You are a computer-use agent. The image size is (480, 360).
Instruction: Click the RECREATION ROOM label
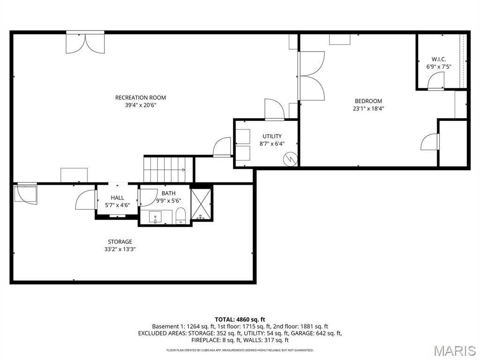click(x=141, y=97)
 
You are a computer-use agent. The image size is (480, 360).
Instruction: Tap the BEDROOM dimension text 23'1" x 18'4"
click(x=368, y=109)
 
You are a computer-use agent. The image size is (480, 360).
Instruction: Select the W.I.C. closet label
click(x=439, y=59)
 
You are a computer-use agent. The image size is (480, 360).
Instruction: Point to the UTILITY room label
click(x=272, y=136)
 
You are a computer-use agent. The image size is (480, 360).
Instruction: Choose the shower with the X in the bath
click(x=202, y=203)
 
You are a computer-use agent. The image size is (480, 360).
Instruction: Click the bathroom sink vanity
click(x=156, y=217)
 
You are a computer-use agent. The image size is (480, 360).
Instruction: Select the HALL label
click(x=117, y=198)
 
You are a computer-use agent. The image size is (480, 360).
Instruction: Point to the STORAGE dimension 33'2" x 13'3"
click(x=120, y=249)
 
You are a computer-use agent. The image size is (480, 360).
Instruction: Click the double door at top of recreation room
click(x=85, y=43)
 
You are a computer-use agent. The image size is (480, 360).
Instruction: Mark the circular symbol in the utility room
click(x=290, y=159)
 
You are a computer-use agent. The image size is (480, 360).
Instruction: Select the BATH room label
click(x=169, y=193)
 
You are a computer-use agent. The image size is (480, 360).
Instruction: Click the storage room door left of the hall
click(x=85, y=200)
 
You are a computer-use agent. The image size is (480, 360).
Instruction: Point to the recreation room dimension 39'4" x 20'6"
click(x=141, y=105)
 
